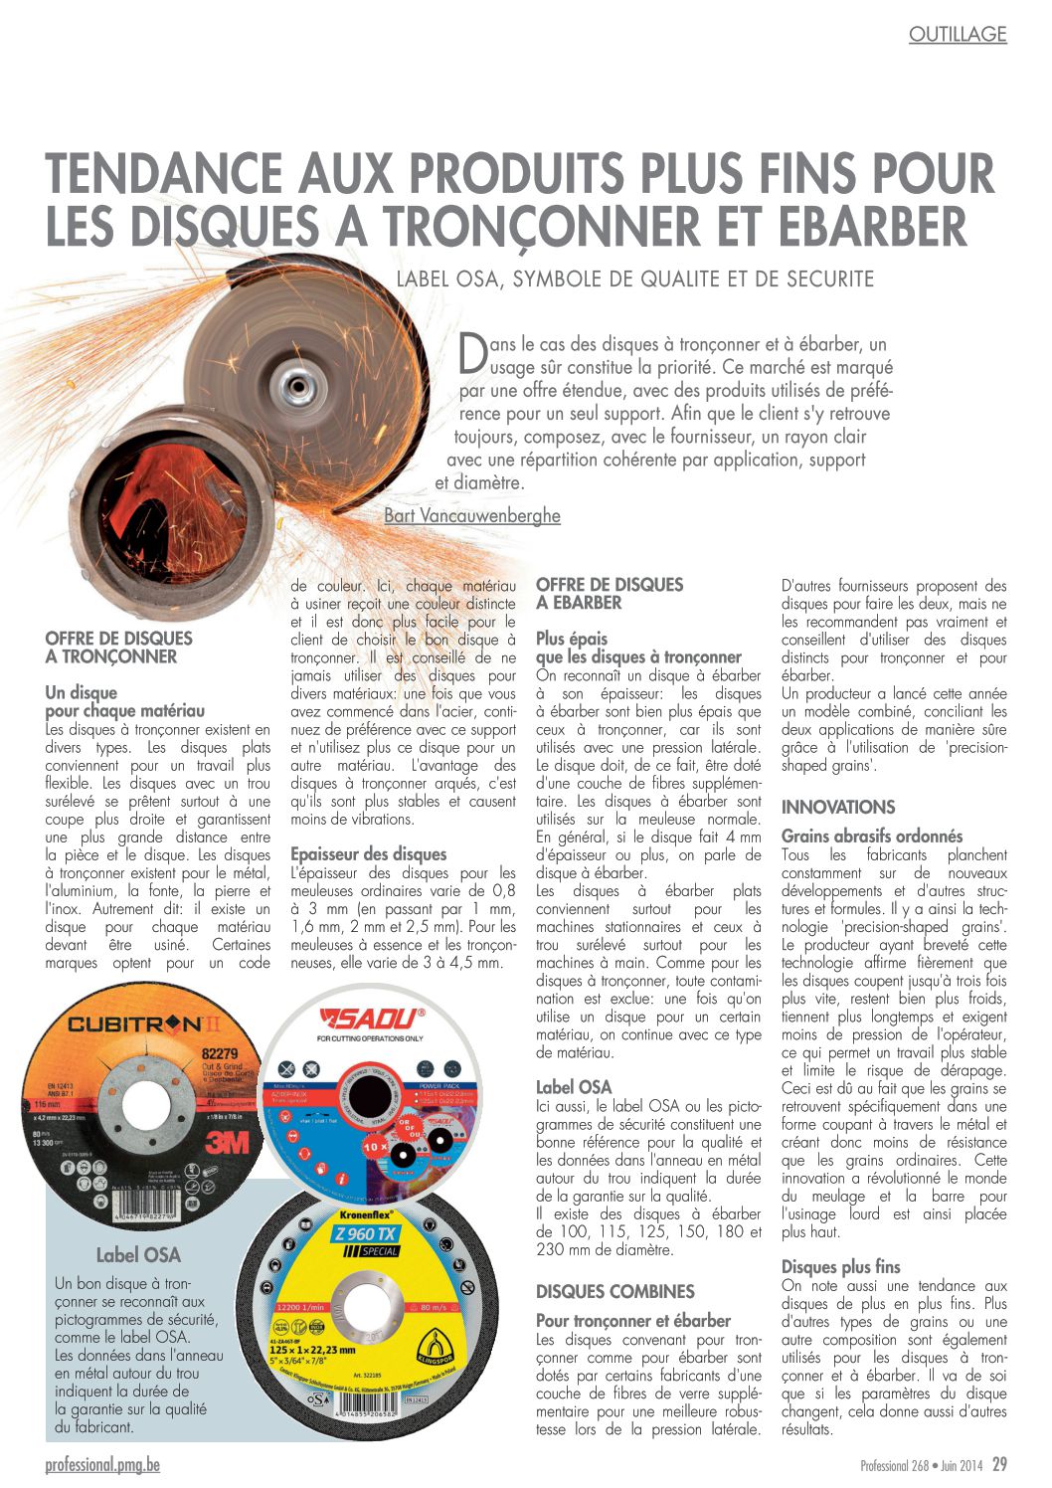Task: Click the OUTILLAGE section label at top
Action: pyautogui.click(x=958, y=35)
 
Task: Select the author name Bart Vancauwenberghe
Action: pyautogui.click(x=471, y=515)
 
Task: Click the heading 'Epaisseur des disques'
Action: pyautogui.click(x=368, y=853)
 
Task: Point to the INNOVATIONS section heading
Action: pyautogui.click(x=837, y=807)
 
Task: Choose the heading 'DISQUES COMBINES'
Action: pyautogui.click(x=614, y=1291)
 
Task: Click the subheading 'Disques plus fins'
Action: pyautogui.click(x=840, y=1266)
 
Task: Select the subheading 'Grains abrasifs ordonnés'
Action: pyautogui.click(x=871, y=837)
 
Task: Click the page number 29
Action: pyautogui.click(x=998, y=1464)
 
